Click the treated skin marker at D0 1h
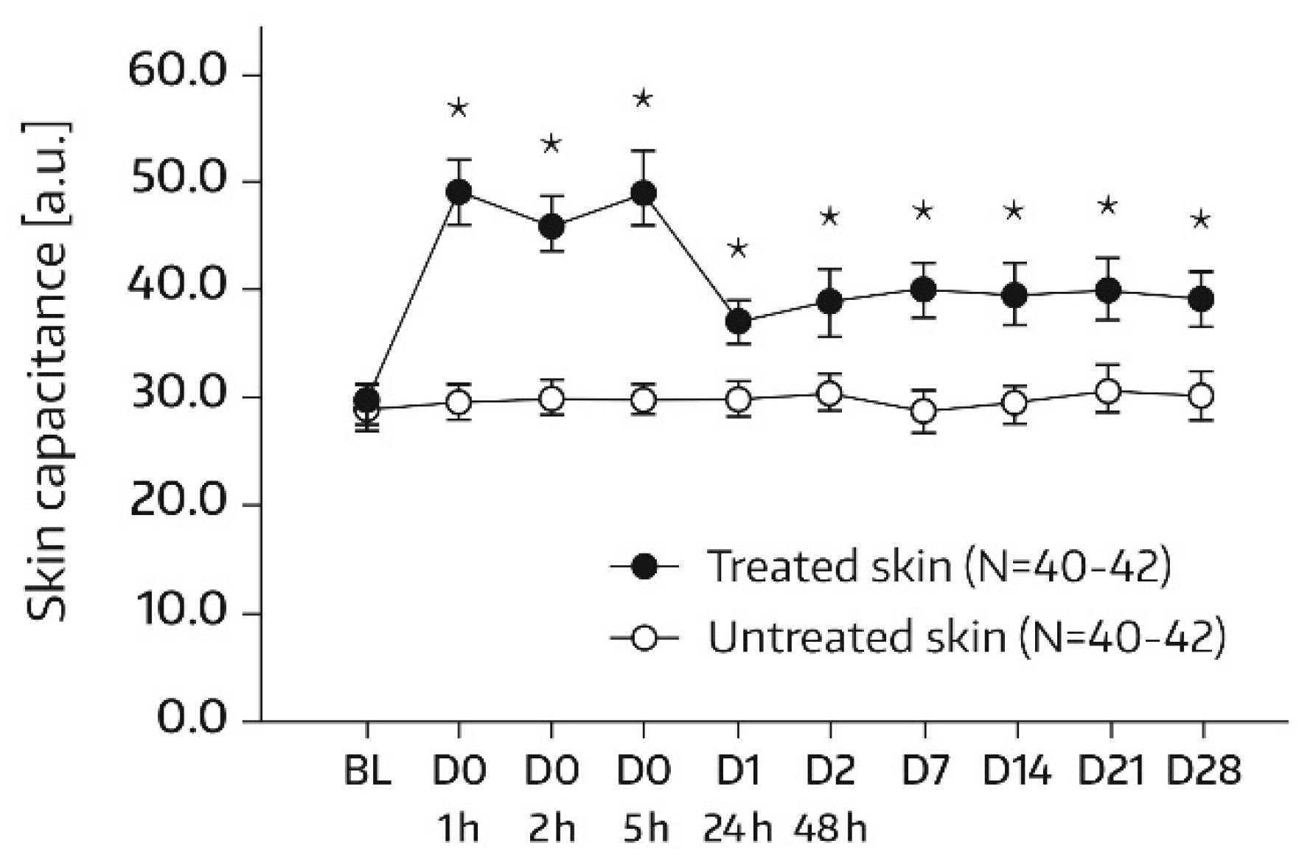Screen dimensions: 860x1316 [x=459, y=192]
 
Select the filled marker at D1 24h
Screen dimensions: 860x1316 [x=737, y=322]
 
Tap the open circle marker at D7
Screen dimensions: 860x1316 [x=923, y=410]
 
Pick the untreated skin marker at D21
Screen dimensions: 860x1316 [x=1108, y=391]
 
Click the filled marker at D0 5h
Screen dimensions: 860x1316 [x=644, y=193]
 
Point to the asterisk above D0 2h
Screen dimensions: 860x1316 [x=551, y=144]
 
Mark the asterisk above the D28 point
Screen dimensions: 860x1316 [x=1201, y=220]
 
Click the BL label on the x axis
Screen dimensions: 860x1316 [x=367, y=772]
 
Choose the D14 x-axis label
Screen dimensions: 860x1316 [x=1016, y=772]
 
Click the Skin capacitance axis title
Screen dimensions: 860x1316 [x=49, y=372]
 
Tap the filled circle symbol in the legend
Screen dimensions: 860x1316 [x=645, y=567]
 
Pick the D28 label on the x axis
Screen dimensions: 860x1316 [x=1202, y=772]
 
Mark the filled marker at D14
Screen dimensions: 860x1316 [x=1015, y=296]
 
